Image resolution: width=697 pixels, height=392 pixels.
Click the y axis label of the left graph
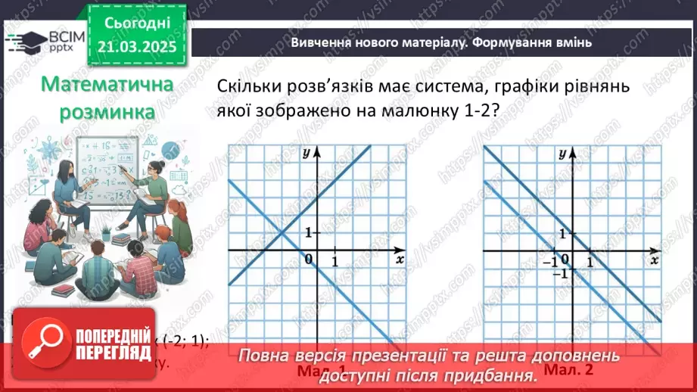(x=305, y=152)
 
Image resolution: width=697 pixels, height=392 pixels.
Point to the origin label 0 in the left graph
(x=309, y=260)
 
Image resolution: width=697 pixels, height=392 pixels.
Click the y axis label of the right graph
(x=562, y=152)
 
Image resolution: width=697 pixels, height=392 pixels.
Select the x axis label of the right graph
(x=654, y=259)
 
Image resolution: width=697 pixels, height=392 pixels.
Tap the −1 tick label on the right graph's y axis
(x=561, y=273)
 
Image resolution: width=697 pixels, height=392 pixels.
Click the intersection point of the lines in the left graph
(x=281, y=232)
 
